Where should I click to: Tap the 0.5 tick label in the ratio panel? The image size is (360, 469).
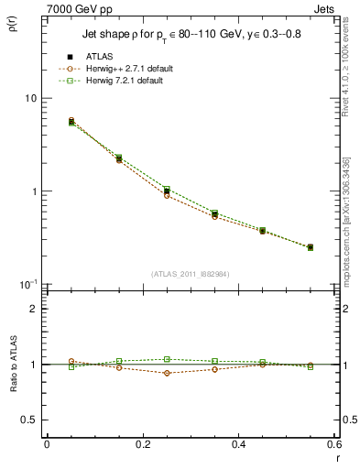point(27,420)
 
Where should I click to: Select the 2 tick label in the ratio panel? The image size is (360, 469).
point(33,309)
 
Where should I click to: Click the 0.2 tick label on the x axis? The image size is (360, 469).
point(142,445)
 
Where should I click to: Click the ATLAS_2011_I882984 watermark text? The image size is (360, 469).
point(191,273)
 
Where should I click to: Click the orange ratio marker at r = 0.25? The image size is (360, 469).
point(167,373)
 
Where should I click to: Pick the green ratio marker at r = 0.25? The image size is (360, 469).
point(167,359)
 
